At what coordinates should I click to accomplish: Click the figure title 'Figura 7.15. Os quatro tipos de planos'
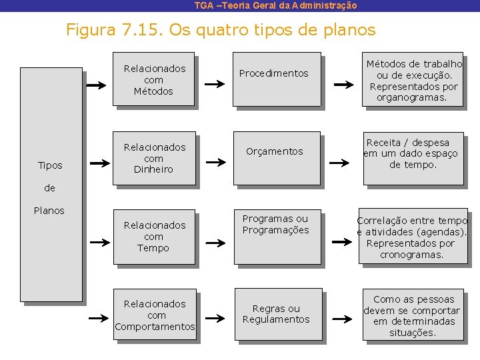(x=221, y=30)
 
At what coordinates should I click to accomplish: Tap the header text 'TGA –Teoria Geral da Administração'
(x=275, y=5)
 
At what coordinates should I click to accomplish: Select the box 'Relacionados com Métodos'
(x=153, y=79)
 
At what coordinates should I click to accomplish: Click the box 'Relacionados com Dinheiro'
(x=153, y=158)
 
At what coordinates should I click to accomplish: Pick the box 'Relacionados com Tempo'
(x=153, y=237)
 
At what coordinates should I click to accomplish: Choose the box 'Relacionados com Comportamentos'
(x=155, y=315)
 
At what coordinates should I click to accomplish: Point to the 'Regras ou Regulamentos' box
(x=277, y=313)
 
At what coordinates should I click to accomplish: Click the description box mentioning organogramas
(x=413, y=81)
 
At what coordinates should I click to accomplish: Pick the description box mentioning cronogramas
(x=413, y=237)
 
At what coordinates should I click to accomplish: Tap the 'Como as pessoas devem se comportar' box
(x=413, y=315)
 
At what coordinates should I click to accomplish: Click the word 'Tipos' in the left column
(x=50, y=165)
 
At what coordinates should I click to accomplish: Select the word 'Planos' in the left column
(x=49, y=211)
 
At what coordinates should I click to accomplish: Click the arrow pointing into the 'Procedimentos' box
(x=215, y=85)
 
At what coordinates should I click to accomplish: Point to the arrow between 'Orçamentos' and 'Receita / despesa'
(x=343, y=162)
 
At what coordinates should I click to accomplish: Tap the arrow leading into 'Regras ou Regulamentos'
(x=215, y=319)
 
